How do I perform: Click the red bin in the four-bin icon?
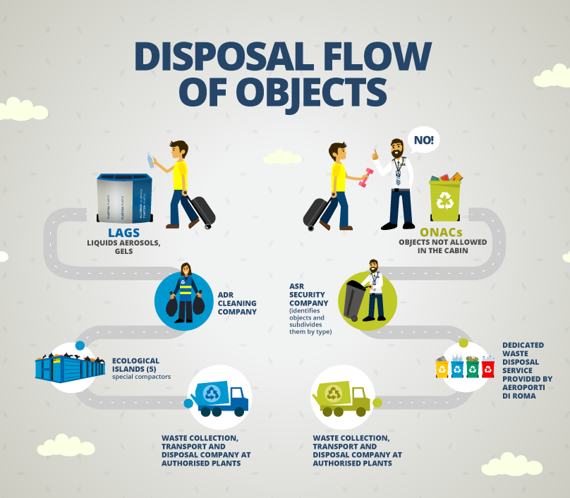click(x=487, y=368)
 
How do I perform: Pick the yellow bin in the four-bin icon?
click(x=442, y=368)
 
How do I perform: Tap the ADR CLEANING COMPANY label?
click(x=238, y=302)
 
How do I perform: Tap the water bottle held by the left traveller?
click(x=150, y=161)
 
